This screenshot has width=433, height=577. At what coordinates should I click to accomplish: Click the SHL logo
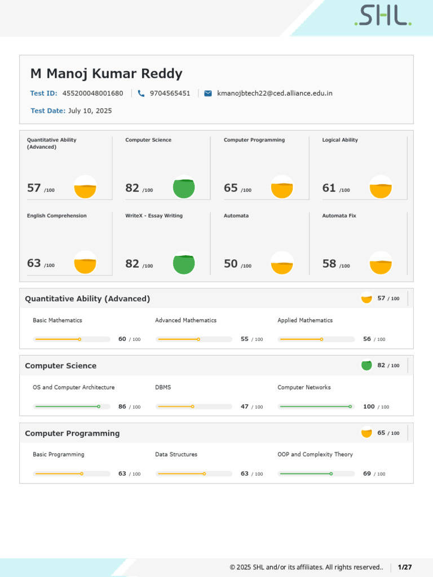click(383, 16)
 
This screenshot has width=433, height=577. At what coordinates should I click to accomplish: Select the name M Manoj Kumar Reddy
click(106, 74)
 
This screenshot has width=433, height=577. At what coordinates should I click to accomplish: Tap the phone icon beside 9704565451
click(141, 94)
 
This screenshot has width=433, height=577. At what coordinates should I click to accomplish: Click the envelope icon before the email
click(208, 94)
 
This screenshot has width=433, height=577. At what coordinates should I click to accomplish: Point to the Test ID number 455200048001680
click(92, 94)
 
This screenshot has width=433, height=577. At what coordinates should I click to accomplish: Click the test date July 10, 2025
click(90, 111)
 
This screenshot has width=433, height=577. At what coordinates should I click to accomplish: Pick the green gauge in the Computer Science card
click(184, 188)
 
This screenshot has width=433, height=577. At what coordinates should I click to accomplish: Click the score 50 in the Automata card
click(231, 264)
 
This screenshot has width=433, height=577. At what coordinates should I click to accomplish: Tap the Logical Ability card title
click(340, 140)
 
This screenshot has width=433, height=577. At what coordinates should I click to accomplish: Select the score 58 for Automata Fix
click(329, 264)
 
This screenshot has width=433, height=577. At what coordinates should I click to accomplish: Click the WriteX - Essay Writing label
click(154, 216)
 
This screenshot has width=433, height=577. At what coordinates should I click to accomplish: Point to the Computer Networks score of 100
click(369, 406)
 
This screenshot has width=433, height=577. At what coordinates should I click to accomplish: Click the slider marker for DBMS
click(192, 406)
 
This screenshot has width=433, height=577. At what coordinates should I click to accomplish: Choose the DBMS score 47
click(245, 406)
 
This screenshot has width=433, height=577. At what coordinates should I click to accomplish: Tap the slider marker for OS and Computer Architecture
click(99, 406)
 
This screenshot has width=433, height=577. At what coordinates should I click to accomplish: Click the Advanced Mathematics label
click(185, 321)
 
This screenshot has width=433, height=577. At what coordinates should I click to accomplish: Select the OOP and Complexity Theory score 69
click(367, 474)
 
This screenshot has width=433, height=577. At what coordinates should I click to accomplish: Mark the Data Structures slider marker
click(204, 474)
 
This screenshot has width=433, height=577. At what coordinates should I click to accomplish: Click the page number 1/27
click(405, 567)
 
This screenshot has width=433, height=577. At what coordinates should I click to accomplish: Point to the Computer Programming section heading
click(72, 433)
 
